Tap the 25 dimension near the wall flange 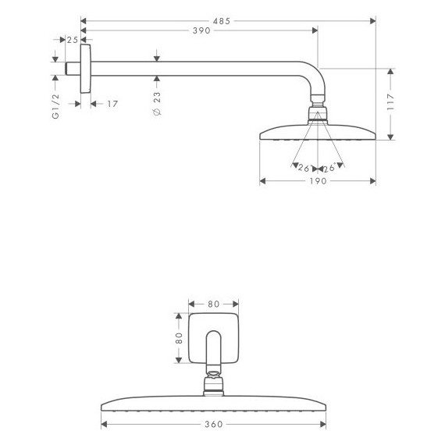click(x=72, y=40)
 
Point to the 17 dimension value click(x=112, y=103)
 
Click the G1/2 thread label click(x=55, y=106)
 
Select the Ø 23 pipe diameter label click(x=157, y=103)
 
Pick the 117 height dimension click(x=390, y=101)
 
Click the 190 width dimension click(x=317, y=180)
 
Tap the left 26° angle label click(x=304, y=167)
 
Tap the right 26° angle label click(x=329, y=167)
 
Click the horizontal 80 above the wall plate click(x=213, y=304)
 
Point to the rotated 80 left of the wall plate click(x=178, y=339)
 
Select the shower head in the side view click(x=317, y=133)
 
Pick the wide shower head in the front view click(x=213, y=406)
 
